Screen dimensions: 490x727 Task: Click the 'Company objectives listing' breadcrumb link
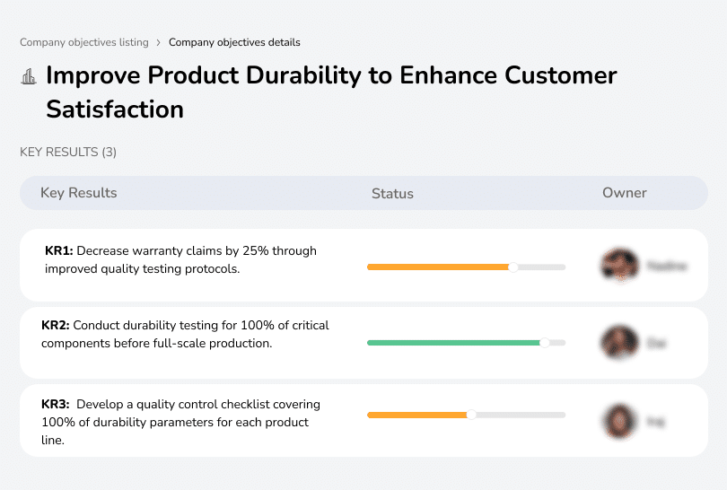(84, 42)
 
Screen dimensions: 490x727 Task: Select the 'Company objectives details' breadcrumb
(234, 42)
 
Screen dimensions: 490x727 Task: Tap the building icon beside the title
(29, 76)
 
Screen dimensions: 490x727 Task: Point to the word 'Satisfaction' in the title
(115, 109)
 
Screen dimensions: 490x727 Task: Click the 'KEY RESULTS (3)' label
(68, 153)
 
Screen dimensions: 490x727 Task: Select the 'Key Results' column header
(79, 193)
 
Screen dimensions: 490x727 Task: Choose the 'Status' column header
(392, 193)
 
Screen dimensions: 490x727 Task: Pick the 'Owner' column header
(625, 193)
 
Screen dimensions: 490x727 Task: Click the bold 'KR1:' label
(59, 251)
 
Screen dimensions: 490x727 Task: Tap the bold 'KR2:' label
(56, 326)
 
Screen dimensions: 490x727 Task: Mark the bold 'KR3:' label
(56, 405)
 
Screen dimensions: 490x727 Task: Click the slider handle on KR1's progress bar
(513, 267)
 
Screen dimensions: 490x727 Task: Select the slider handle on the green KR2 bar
(544, 342)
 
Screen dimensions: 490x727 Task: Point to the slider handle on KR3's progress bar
(471, 415)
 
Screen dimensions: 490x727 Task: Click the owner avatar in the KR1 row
(619, 266)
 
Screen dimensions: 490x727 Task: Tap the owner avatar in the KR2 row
(619, 342)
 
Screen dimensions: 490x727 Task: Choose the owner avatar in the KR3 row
(619, 419)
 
